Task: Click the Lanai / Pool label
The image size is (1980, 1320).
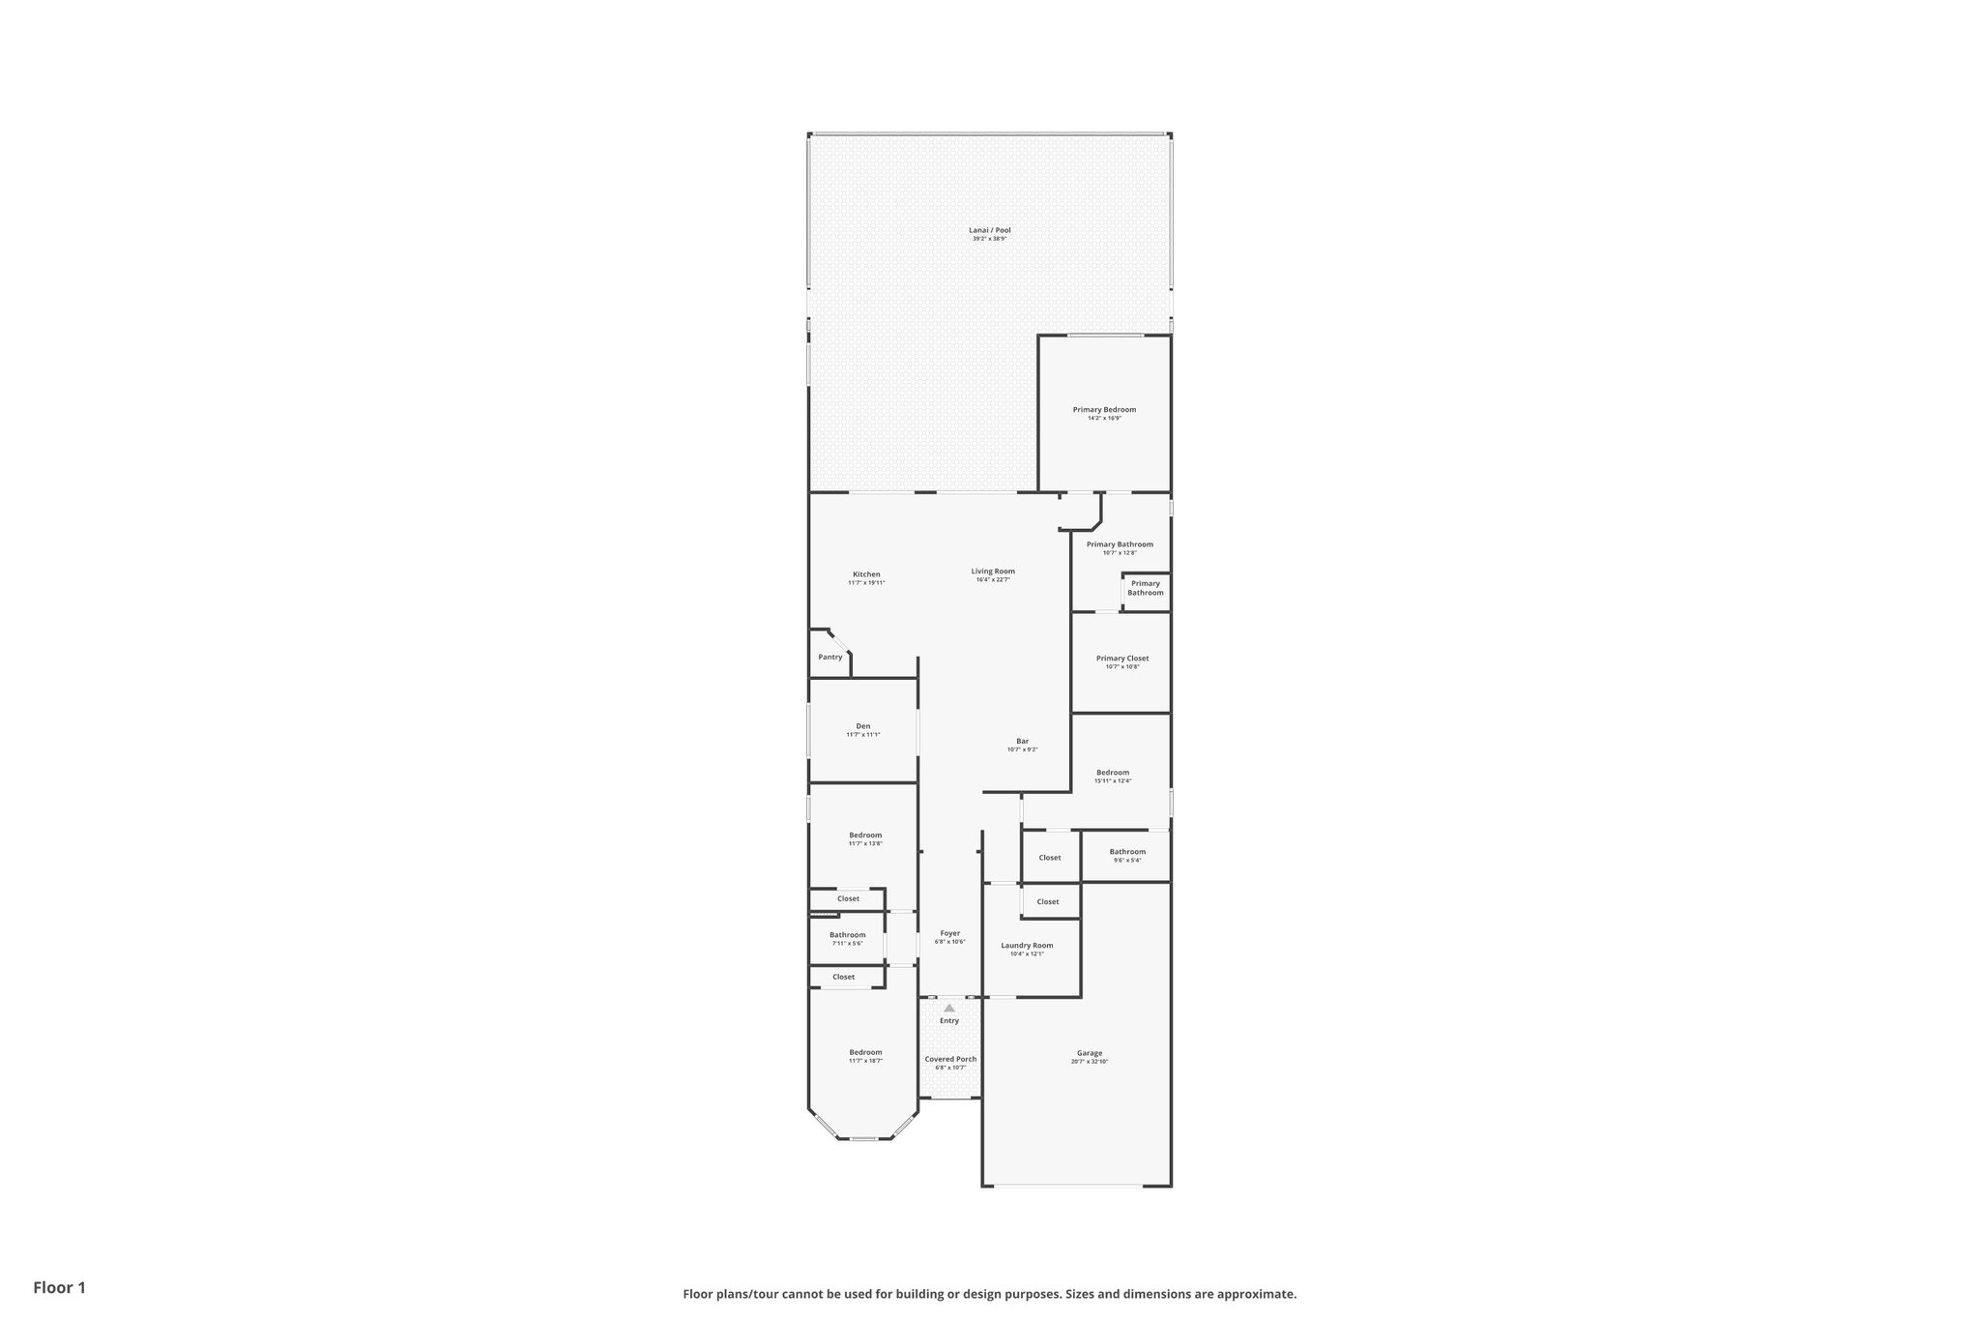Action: [x=989, y=230]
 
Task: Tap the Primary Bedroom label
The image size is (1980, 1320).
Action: [x=1104, y=410]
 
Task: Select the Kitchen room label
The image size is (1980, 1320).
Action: [x=866, y=574]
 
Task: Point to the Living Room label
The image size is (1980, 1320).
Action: [x=993, y=572]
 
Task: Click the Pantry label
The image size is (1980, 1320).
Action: [x=830, y=658]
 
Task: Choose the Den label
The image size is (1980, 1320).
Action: [x=863, y=726]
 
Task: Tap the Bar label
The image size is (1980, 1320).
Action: [x=1022, y=742]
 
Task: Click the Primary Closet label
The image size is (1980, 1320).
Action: [x=1122, y=659]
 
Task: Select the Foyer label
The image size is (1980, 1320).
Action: [x=949, y=933]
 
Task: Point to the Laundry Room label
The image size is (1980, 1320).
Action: [x=1027, y=946]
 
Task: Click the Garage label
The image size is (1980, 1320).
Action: [x=1090, y=1053]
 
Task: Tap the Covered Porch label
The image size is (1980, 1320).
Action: [x=950, y=1059]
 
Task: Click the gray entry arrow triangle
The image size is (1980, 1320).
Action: [x=949, y=1008]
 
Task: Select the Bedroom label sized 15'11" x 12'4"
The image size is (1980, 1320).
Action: [x=1113, y=773]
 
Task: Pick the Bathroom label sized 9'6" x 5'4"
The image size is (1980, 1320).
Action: [x=1127, y=852]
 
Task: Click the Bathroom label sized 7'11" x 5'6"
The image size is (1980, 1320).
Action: [x=847, y=935]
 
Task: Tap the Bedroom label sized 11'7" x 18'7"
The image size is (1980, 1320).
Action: [x=865, y=1052]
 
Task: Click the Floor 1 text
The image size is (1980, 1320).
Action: [x=60, y=1288]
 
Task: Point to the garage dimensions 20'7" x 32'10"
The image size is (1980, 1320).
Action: [x=1090, y=1062]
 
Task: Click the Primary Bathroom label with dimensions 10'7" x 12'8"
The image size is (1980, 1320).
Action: [x=1120, y=544]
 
